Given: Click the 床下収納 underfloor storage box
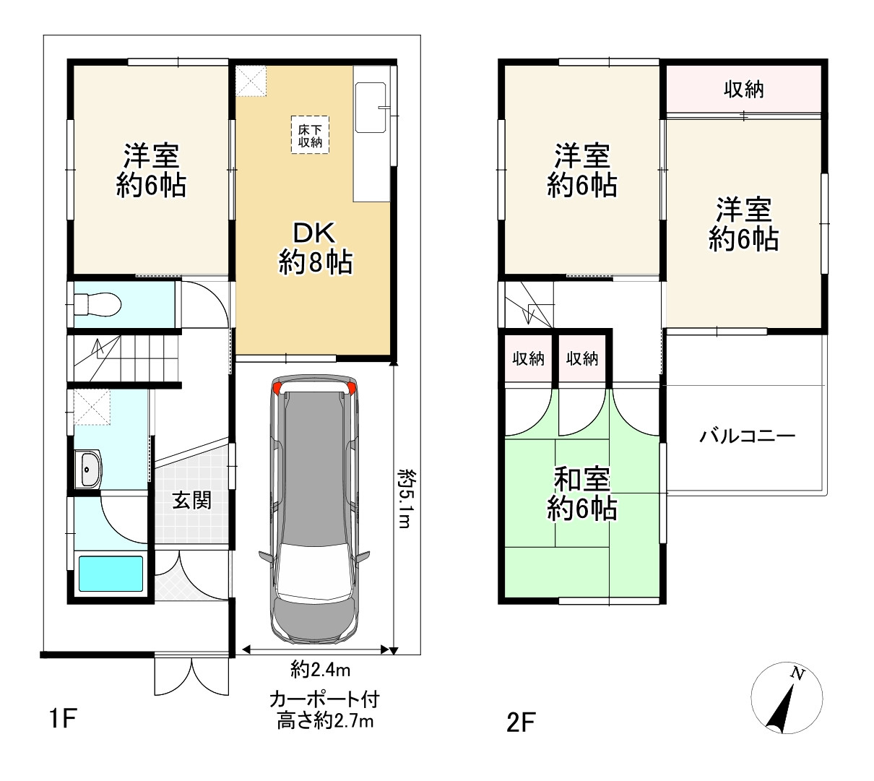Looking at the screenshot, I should [310, 135].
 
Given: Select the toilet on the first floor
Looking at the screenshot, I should [98, 304].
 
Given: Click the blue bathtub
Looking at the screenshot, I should [111, 573].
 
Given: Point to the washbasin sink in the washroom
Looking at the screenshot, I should [90, 470].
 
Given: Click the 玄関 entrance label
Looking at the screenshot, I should [191, 500].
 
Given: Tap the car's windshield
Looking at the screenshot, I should [314, 571].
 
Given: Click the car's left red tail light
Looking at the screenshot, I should [278, 389].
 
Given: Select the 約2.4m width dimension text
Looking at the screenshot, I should [320, 670].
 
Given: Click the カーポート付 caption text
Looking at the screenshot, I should [324, 699].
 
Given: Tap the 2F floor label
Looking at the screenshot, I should [522, 722].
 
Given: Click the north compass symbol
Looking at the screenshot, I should [787, 698].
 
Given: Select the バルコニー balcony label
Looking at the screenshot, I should [747, 436].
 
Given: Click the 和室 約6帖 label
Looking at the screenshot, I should [581, 494].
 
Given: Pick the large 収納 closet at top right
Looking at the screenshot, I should [743, 90].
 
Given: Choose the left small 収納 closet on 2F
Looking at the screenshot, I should [528, 358].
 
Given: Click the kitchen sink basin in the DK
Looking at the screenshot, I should [372, 108].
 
